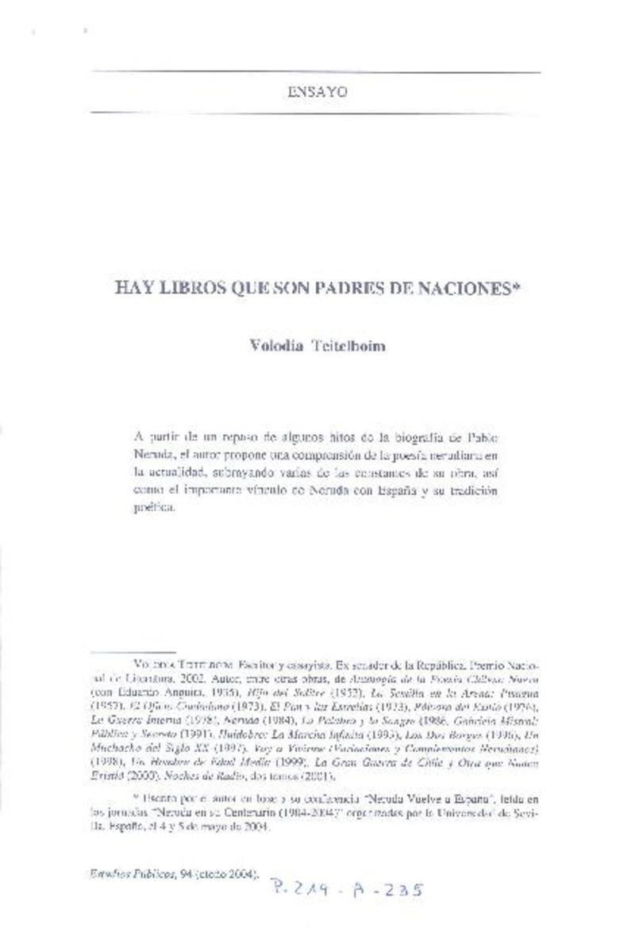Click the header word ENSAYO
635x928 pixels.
coord(316,91)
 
